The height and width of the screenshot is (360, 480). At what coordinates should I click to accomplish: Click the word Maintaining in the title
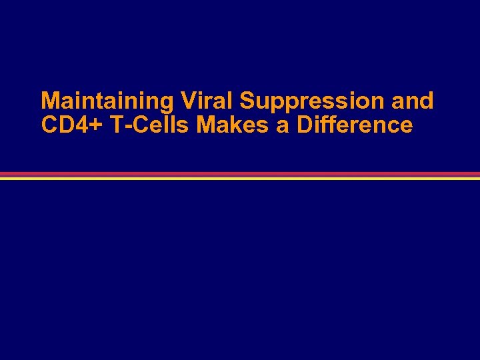(x=107, y=101)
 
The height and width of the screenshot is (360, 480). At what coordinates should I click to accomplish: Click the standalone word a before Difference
(x=283, y=126)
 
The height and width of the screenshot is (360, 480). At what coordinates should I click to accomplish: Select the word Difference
(x=355, y=125)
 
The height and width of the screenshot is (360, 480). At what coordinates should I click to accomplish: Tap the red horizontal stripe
(x=240, y=174)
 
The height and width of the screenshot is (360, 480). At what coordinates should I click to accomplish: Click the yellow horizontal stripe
(x=240, y=178)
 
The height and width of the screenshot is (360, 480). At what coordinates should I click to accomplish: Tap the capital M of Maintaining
(x=49, y=101)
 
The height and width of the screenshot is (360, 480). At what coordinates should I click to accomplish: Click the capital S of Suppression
(x=247, y=101)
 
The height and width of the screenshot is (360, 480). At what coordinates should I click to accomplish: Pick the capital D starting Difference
(x=303, y=125)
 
